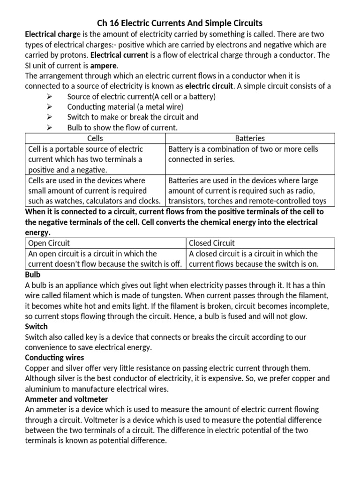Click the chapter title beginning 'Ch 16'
point(180,23)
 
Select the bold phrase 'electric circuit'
point(209,86)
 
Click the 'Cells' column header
point(95,138)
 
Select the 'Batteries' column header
point(250,138)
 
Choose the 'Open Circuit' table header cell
point(49,243)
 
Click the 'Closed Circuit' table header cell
point(211,243)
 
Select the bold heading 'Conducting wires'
point(52,358)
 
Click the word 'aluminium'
point(43,389)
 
